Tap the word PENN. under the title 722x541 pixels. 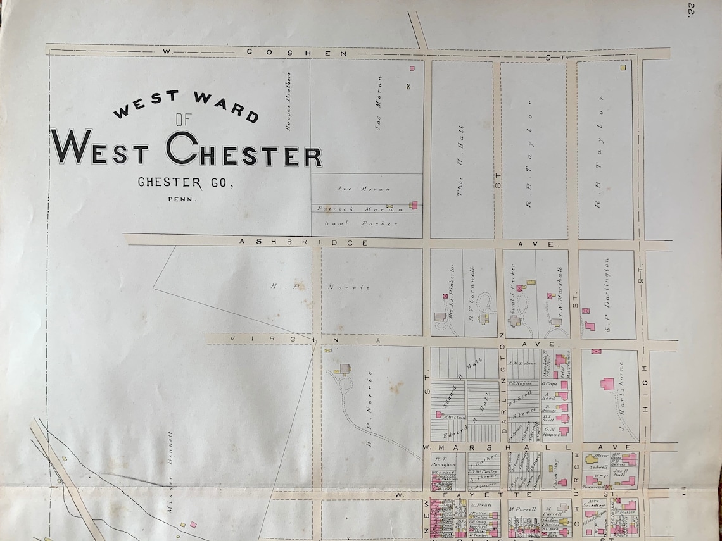[x=182, y=199]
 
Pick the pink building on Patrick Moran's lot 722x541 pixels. [x=414, y=205]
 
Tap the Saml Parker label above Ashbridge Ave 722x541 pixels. [x=362, y=223]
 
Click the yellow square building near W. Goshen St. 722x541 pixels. [x=623, y=66]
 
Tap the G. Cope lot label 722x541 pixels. [x=549, y=383]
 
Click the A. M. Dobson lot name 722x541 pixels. [x=522, y=363]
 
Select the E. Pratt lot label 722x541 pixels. [x=481, y=506]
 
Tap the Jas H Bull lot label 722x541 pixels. [x=618, y=471]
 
